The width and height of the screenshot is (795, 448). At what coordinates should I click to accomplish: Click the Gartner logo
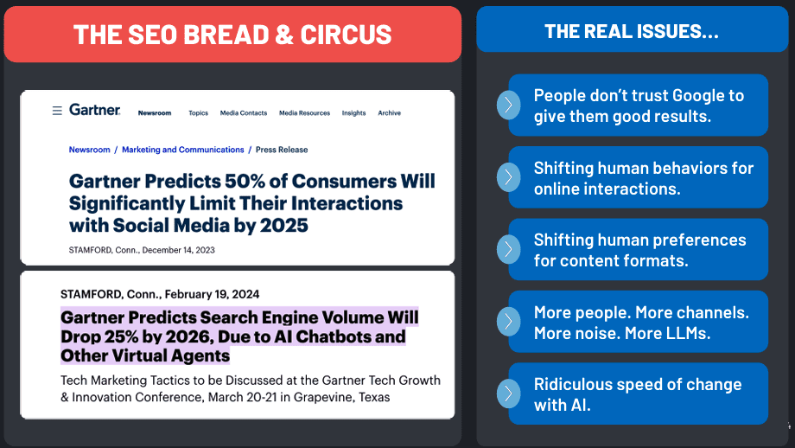point(95,110)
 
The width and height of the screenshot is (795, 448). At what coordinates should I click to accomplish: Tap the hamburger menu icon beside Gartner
point(57,110)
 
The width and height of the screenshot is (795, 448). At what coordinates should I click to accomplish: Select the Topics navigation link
point(198,113)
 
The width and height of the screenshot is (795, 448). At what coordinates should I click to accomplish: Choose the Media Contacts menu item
point(244,113)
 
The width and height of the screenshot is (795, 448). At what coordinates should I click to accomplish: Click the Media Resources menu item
point(304,113)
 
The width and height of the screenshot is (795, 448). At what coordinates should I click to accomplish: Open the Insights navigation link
point(353,113)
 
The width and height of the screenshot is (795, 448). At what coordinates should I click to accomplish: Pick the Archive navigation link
point(389,113)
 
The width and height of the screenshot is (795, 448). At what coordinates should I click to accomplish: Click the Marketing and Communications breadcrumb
point(183,150)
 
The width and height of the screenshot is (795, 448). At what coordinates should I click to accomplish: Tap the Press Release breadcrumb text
point(282,150)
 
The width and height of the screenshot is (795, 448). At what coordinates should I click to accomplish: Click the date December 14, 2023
point(179,250)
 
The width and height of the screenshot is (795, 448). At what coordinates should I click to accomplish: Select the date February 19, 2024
point(212,294)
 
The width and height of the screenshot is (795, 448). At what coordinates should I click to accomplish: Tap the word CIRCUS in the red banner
point(346,35)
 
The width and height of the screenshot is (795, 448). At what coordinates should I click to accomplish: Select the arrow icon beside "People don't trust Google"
point(508,105)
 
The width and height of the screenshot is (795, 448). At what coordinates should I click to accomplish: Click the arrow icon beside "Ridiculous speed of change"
point(508,394)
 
